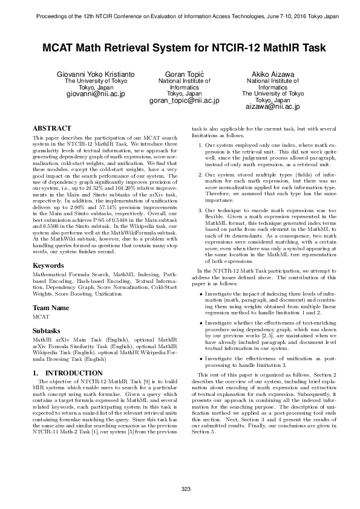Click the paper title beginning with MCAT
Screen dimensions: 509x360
(x=180, y=47)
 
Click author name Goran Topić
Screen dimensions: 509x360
(x=184, y=74)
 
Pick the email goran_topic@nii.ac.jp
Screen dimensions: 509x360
(x=184, y=101)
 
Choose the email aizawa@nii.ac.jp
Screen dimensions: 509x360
(x=272, y=107)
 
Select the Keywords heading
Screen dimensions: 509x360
(x=48, y=265)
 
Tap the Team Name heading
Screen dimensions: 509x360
(x=51, y=308)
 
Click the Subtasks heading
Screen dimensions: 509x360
(x=47, y=331)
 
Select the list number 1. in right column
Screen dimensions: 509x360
(x=201, y=146)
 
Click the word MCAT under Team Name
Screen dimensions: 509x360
(x=41, y=317)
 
